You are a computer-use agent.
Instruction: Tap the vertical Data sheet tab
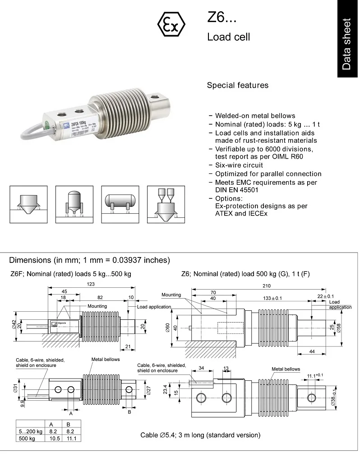point(346,44)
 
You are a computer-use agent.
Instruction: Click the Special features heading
point(237,85)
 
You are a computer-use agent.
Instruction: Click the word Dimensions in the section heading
point(30,260)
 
